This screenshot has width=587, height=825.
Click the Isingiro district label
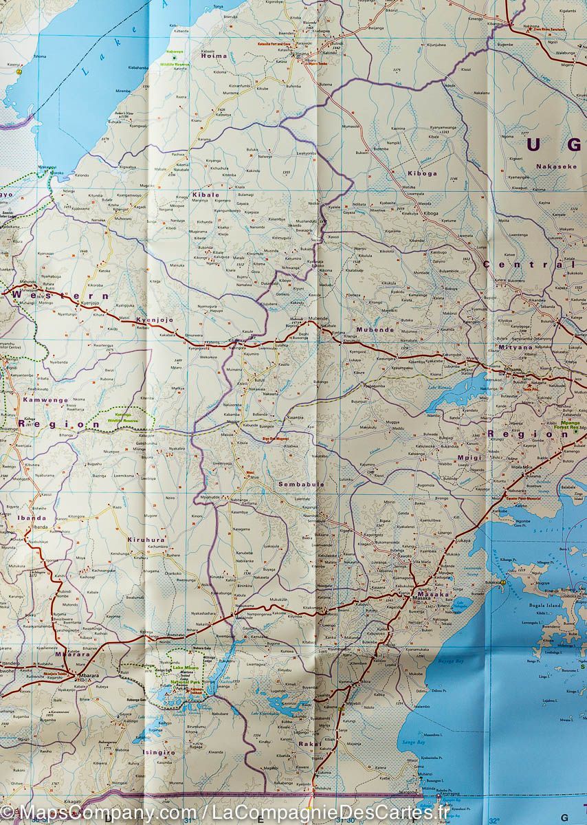[159, 752]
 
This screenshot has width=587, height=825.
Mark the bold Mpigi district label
[470, 456]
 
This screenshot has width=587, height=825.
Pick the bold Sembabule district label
[301, 484]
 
